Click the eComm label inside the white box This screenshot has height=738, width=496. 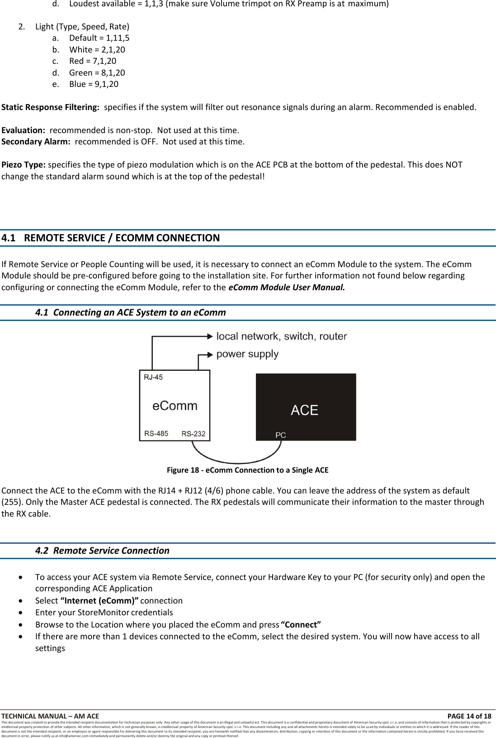click(175, 406)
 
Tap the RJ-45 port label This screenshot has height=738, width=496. click(153, 377)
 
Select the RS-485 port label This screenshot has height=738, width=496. click(156, 434)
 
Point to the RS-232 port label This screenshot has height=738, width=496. click(193, 434)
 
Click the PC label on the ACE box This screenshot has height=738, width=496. click(280, 435)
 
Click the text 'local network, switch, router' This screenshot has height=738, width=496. click(281, 336)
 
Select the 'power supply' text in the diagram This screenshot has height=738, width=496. click(247, 354)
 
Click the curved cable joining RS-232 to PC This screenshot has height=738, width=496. click(237, 462)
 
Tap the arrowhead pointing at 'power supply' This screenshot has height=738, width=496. click(210, 355)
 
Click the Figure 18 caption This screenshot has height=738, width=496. click(247, 470)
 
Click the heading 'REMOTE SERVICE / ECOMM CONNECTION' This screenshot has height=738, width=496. click(122, 238)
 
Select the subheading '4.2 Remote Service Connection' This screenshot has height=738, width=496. click(102, 551)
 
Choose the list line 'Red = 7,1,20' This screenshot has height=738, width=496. click(92, 61)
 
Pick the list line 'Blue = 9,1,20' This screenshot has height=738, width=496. click(94, 84)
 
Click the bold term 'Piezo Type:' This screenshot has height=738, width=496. click(24, 165)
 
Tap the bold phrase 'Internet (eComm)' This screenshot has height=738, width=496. click(99, 601)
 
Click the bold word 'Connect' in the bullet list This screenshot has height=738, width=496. click(301, 625)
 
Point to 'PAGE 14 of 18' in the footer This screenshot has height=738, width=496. click(469, 716)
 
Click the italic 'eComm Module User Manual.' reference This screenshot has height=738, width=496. click(286, 288)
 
